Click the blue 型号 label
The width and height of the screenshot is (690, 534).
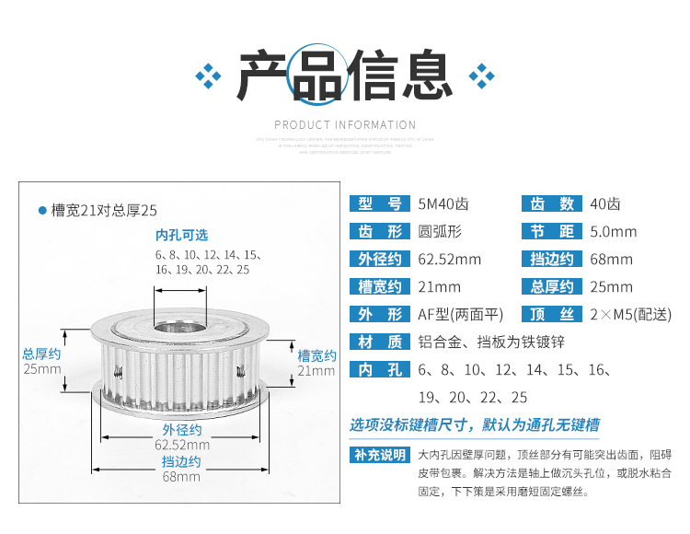379,204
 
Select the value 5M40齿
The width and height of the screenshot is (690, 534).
443,204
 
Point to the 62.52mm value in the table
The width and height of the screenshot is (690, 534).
449,260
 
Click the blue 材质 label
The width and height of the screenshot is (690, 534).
379,342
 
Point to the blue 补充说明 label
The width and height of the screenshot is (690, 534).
379,454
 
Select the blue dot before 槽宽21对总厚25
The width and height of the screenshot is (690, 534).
42,211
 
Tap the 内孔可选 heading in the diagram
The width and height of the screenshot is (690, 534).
181,235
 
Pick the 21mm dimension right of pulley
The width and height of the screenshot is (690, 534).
316,370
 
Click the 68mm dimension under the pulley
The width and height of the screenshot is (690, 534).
181,476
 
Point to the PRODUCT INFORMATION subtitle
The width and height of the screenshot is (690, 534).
345,124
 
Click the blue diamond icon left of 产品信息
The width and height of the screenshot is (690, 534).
210,74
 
